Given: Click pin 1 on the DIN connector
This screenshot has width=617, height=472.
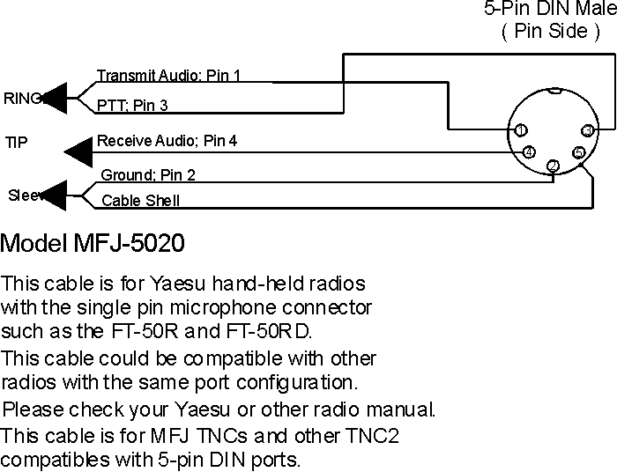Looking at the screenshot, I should click(521, 130).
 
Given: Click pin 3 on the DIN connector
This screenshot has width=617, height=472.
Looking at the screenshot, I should click(587, 130).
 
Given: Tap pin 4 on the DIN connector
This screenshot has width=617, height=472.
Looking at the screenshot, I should click(528, 152).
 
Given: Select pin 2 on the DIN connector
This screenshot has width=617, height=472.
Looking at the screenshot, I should click(553, 166).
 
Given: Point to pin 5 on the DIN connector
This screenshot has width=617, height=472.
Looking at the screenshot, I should click(578, 152).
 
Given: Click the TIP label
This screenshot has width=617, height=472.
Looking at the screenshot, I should click(17, 141).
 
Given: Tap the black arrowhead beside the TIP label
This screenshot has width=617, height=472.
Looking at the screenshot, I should click(78, 151).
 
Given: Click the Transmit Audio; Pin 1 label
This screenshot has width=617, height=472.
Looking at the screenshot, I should click(168, 76).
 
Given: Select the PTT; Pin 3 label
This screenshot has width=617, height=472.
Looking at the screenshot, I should click(132, 106).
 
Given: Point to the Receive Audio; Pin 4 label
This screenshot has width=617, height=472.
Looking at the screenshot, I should click(167, 140).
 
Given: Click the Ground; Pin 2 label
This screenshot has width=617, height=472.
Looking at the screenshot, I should click(148, 174).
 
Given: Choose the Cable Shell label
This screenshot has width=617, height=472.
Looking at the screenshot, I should click(140, 200).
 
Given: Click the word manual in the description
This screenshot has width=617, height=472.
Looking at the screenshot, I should click(401, 409).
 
